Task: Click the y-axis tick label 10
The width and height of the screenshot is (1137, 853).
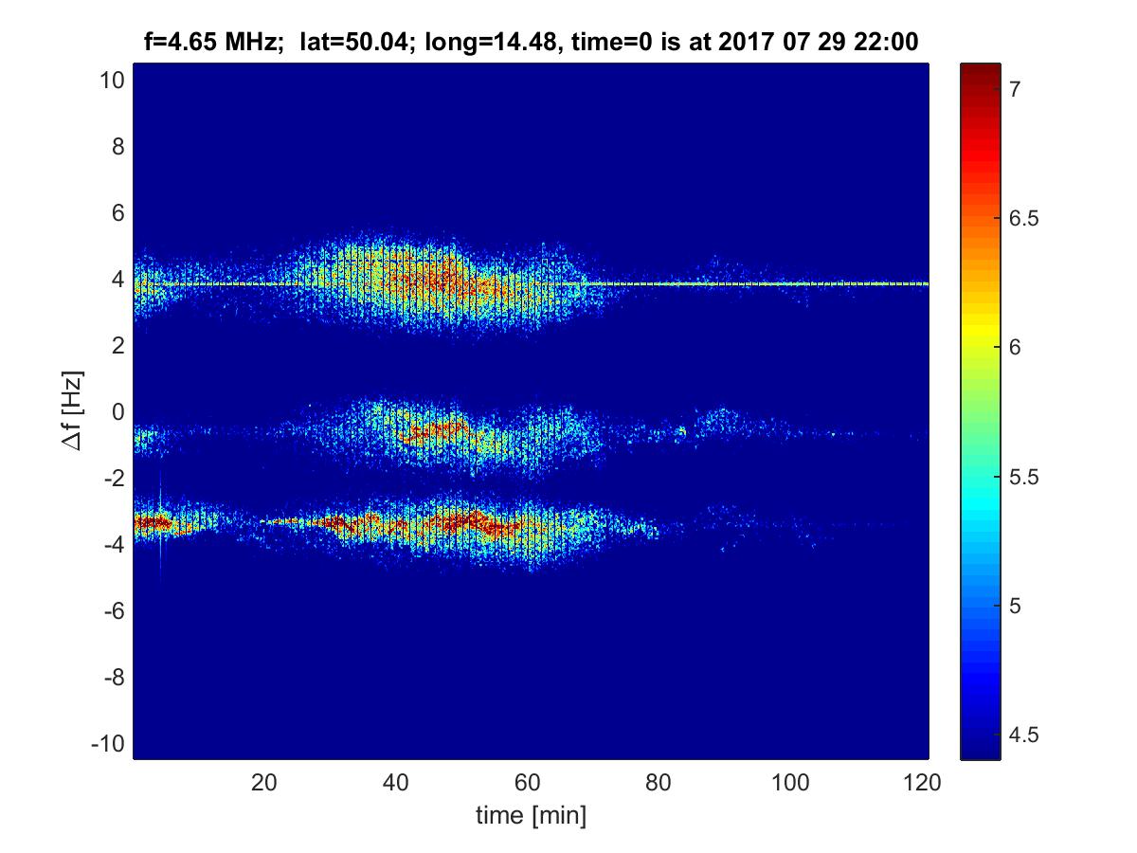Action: point(111,81)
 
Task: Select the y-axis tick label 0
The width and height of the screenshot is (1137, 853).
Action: point(117,412)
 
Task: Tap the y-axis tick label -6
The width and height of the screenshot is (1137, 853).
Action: point(112,611)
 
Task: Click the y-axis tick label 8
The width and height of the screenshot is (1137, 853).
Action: point(117,147)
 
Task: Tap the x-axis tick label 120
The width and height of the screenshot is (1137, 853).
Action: point(923,783)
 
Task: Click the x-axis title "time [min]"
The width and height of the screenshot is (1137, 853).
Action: point(531,814)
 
